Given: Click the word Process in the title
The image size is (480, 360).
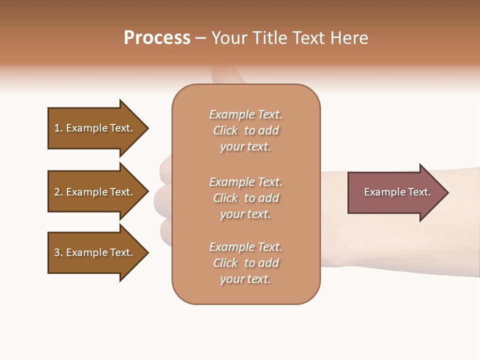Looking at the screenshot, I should tap(157, 38).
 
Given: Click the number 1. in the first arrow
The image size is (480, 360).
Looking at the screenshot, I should tap(58, 128).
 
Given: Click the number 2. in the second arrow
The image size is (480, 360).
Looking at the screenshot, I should tap(58, 192).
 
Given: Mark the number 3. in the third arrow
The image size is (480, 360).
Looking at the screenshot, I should tap(58, 252).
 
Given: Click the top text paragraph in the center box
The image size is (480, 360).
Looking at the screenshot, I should tap(245, 130).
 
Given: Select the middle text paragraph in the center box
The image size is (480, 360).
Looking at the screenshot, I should tap(245, 198).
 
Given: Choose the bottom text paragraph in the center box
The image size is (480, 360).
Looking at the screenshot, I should tap(245, 263).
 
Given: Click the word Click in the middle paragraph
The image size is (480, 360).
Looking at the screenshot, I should tap(225, 198).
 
